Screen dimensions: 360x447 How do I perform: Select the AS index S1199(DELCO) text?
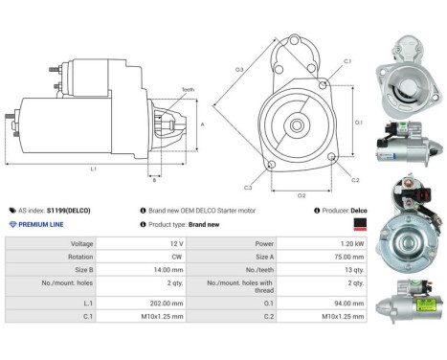57,209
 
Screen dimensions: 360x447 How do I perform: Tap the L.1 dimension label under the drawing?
93,169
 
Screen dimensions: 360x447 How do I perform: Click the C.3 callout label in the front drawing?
248,187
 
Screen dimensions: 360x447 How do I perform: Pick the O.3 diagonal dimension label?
239,69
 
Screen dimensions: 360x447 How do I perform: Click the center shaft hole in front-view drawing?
298,124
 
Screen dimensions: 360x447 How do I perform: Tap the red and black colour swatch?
360,223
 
